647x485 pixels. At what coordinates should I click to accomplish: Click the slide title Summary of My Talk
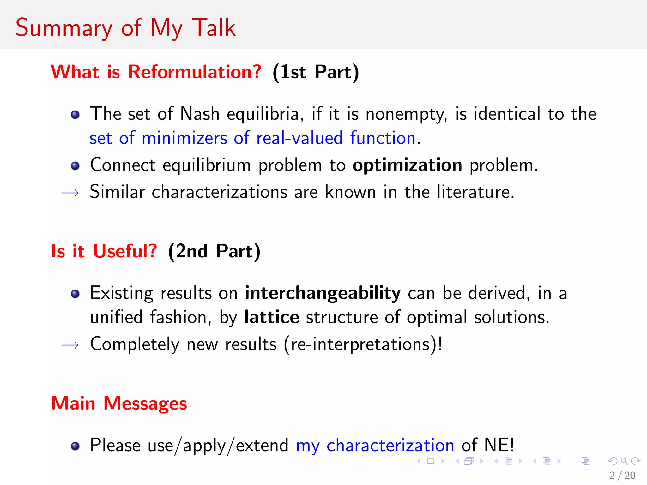click(x=125, y=28)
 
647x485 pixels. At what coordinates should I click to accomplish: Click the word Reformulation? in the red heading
click(x=195, y=72)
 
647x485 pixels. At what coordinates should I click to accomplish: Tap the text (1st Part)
click(x=316, y=72)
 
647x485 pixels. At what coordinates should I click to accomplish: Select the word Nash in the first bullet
click(x=200, y=114)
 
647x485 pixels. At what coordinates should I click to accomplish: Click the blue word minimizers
click(x=184, y=138)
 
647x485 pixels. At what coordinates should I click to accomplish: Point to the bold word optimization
click(x=407, y=165)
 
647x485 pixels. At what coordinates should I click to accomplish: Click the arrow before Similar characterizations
click(x=70, y=193)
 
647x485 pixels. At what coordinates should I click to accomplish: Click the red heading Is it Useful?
click(x=104, y=251)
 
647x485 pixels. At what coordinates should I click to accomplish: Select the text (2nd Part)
click(x=214, y=251)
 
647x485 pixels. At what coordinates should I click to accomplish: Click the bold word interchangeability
click(x=323, y=293)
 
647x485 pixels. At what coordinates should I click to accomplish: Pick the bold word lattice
click(x=272, y=317)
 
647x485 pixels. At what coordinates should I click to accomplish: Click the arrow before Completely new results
click(x=70, y=345)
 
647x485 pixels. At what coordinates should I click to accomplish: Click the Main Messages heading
click(x=119, y=404)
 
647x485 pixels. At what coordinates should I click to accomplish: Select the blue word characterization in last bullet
click(x=390, y=446)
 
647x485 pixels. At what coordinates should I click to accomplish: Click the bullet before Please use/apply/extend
click(x=75, y=446)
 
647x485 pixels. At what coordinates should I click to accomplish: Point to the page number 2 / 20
click(x=622, y=475)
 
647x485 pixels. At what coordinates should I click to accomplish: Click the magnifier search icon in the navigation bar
click(x=624, y=461)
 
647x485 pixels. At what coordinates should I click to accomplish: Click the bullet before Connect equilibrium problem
click(x=75, y=166)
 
